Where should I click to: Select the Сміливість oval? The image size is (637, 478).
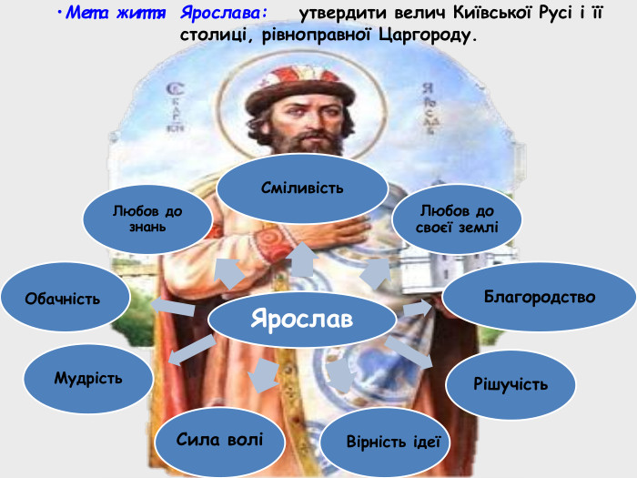coord(301,189)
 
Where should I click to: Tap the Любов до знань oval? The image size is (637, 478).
coord(147,219)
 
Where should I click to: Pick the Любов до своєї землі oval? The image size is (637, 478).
coord(457,219)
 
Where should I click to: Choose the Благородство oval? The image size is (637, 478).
coord(539,298)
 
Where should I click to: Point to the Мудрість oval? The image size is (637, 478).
coord(87,377)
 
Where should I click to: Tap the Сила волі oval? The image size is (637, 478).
coord(219,441)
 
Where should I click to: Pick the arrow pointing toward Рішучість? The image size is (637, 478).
coord(415,351)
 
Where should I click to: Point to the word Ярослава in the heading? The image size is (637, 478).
coord(224,15)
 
